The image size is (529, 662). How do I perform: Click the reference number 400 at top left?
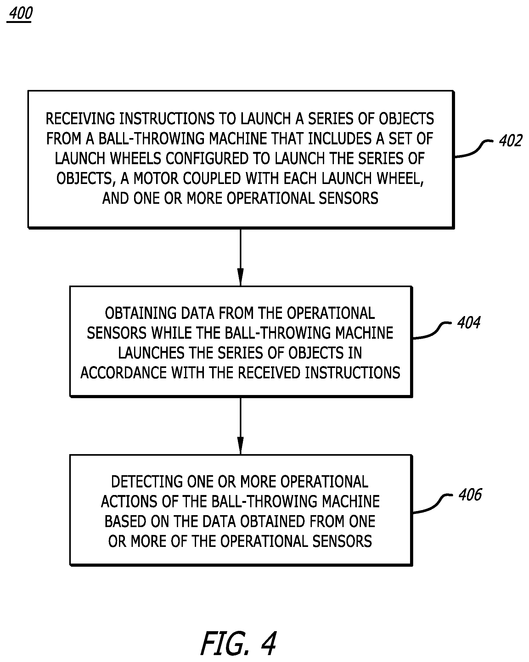[20, 14]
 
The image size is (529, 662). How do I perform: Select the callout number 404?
[469, 323]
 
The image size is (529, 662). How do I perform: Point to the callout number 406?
[470, 495]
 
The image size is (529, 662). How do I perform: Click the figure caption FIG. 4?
[238, 643]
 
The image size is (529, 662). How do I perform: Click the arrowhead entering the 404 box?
[240, 277]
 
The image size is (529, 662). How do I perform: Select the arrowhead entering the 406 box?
[240, 446]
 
